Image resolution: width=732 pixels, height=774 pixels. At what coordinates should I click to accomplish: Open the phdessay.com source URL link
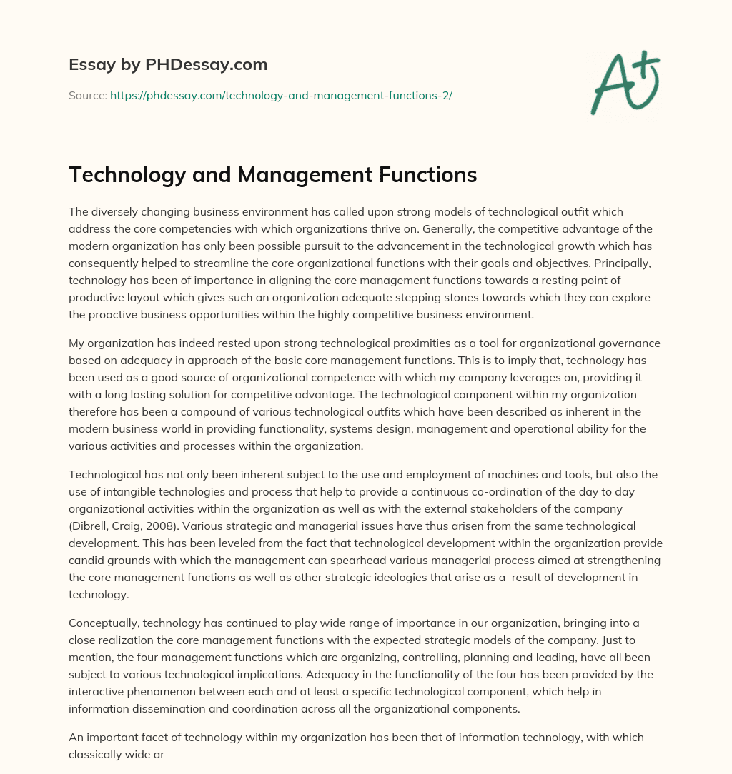click(x=281, y=95)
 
